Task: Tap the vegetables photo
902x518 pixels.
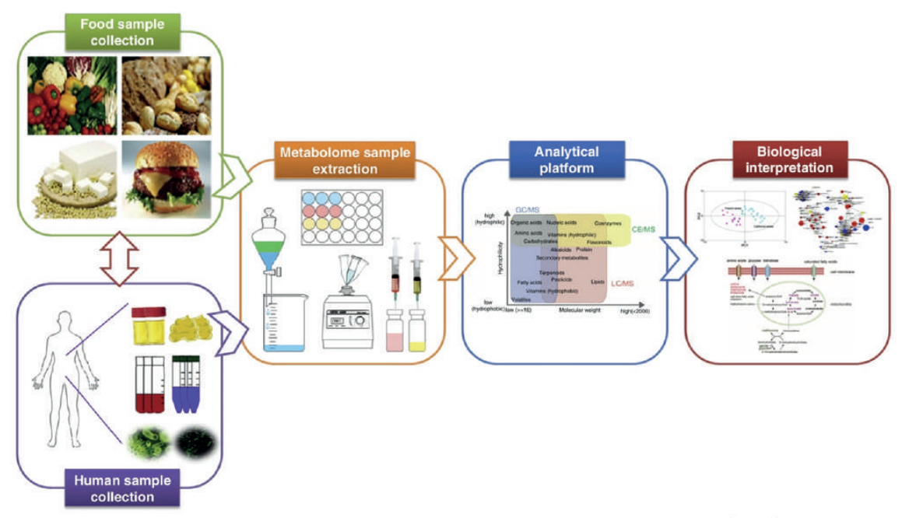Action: point(74,94)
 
